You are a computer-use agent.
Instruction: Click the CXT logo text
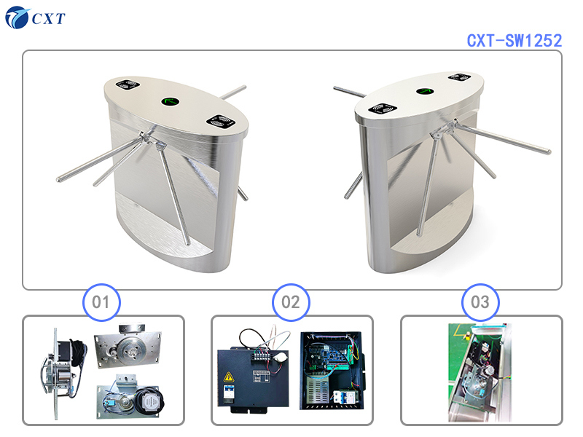click(x=48, y=18)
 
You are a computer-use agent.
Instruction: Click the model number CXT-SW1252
click(x=514, y=40)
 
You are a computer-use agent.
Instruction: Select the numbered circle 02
click(x=291, y=301)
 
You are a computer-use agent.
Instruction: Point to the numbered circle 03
click(x=480, y=301)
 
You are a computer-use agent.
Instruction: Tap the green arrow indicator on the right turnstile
click(x=425, y=92)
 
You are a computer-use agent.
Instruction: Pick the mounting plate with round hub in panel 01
click(x=128, y=348)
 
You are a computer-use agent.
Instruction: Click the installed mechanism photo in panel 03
click(x=480, y=371)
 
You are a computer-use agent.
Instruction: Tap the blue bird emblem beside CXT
click(x=17, y=17)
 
